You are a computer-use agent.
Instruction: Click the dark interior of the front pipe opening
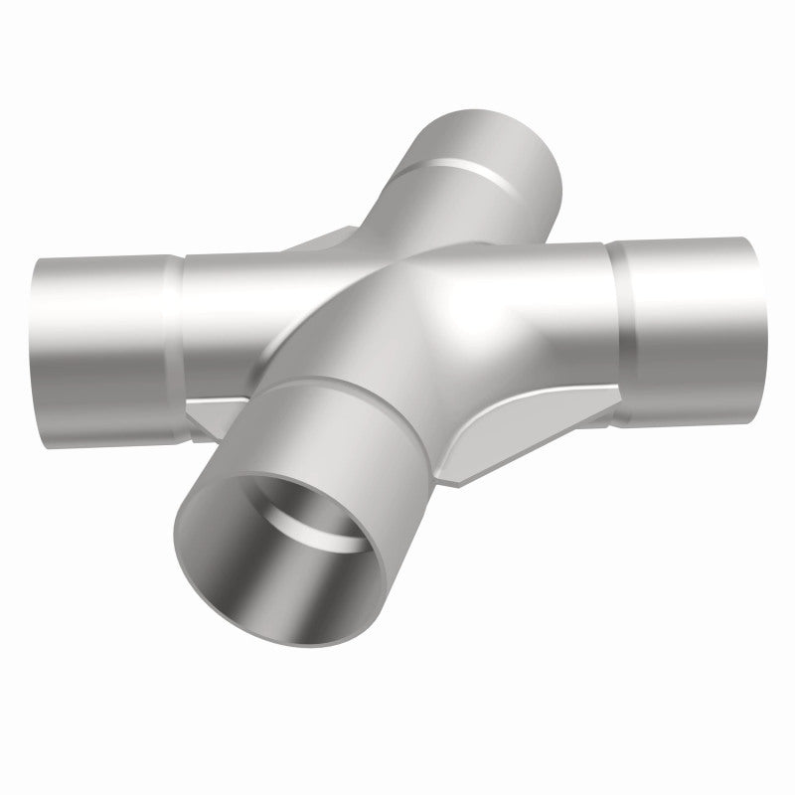[260, 556]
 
